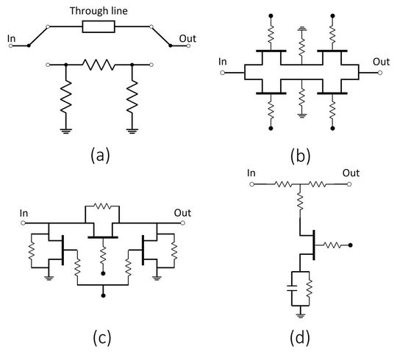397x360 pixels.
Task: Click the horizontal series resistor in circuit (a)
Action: pyautogui.click(x=99, y=65)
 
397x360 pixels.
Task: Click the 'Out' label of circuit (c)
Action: pyautogui.click(x=182, y=213)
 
